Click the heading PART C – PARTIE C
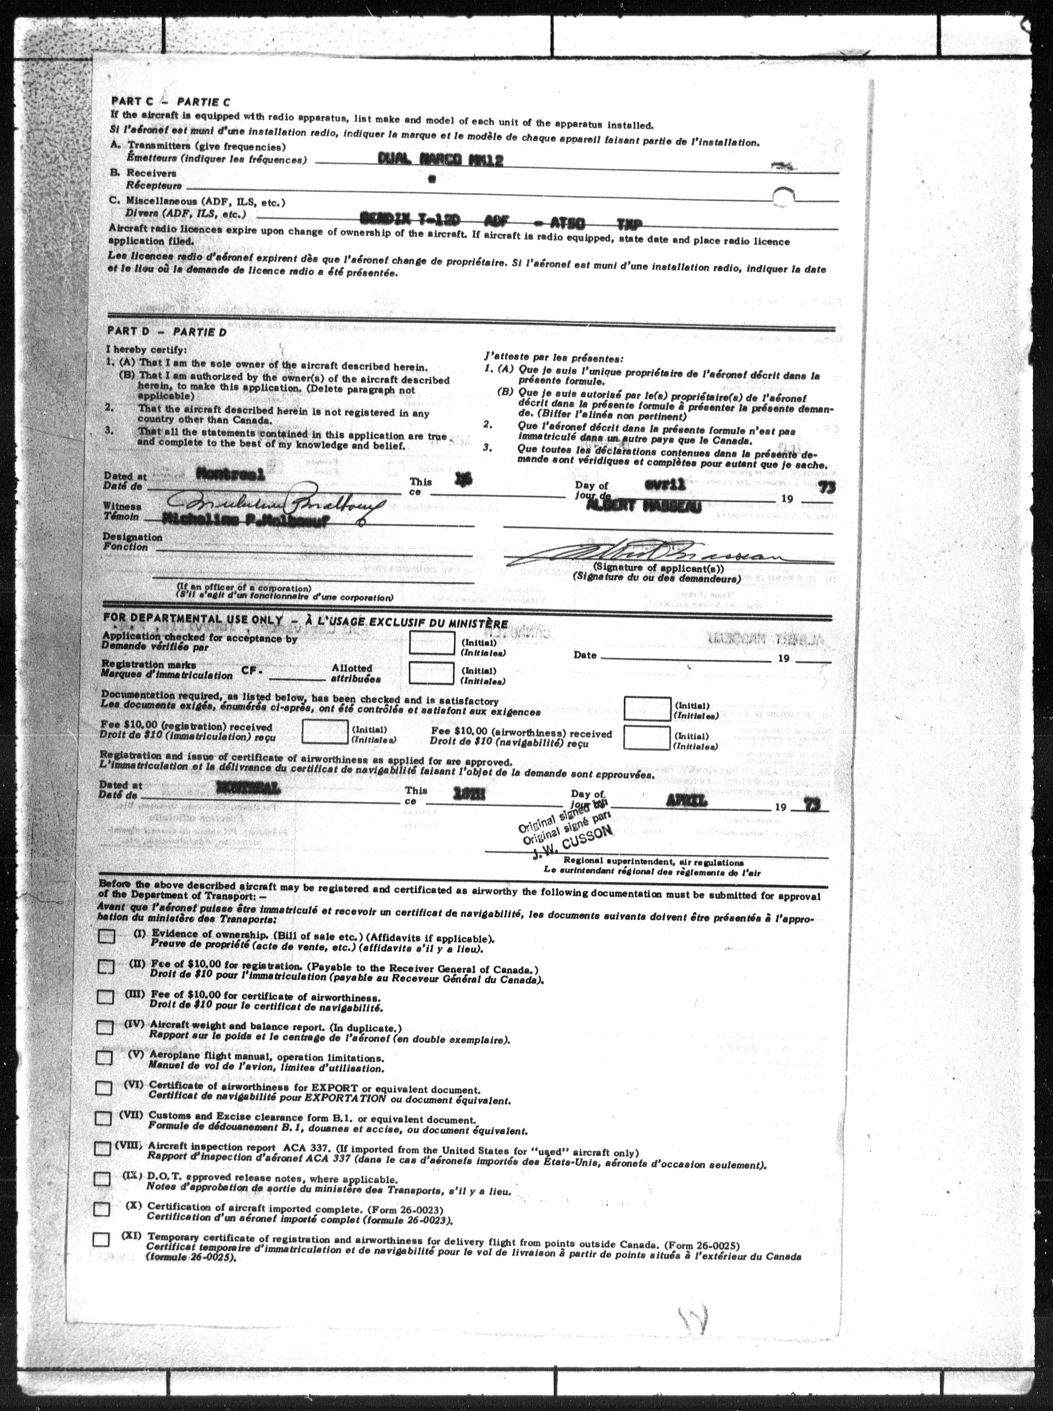click(x=170, y=101)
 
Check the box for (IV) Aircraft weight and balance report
click(x=105, y=1027)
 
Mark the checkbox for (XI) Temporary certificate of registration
click(x=101, y=1240)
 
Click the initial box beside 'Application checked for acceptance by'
click(x=431, y=643)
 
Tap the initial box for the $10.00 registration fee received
click(x=325, y=731)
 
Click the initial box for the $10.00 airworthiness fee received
click(x=646, y=738)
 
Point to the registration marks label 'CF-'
click(x=252, y=671)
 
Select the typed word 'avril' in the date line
click(x=665, y=484)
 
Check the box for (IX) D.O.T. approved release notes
click(x=102, y=1178)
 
